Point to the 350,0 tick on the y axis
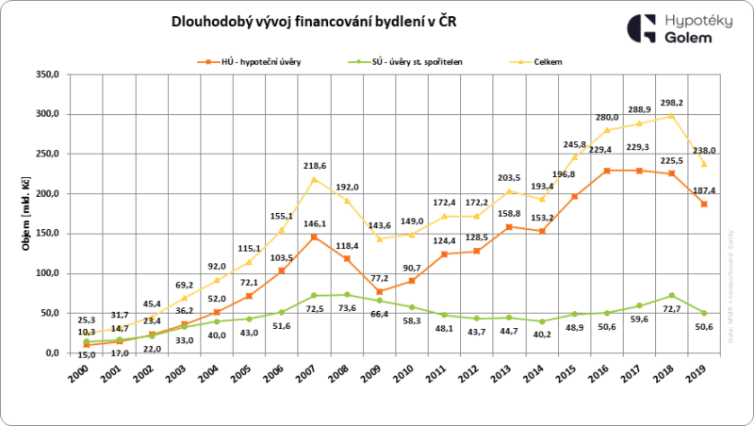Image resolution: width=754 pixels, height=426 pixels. (46, 74)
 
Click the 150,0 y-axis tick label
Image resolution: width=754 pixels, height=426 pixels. (46, 234)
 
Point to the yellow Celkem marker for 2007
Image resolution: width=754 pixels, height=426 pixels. (314, 179)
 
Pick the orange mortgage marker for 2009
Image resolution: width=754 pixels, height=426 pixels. (379, 291)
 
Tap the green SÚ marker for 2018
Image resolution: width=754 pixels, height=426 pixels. (670, 296)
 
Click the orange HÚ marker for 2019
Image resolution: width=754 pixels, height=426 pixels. (702, 204)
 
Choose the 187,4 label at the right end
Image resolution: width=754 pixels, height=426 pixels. (698, 189)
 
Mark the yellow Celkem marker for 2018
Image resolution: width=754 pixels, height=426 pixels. (670, 116)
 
